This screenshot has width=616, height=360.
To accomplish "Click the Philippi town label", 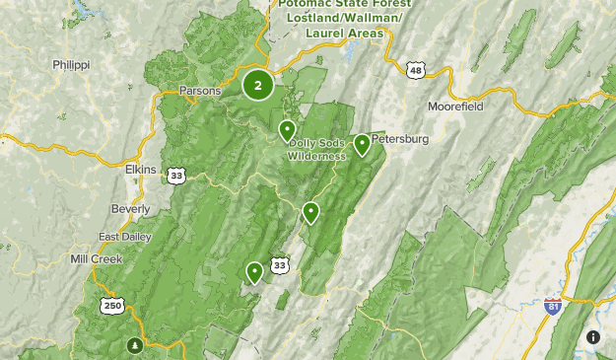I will [71, 64].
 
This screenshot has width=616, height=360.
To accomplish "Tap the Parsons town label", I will [200, 91].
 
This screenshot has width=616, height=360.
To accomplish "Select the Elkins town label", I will [140, 170].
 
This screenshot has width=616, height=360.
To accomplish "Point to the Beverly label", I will [130, 209].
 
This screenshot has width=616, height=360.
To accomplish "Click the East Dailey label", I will [125, 237].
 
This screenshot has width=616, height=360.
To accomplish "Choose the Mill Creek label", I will [96, 258].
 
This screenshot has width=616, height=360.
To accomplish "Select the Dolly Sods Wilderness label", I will [317, 149].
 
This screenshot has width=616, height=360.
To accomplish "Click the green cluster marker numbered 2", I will [258, 85].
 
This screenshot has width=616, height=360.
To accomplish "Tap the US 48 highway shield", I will [417, 69].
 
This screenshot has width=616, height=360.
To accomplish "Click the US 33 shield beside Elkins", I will [176, 176].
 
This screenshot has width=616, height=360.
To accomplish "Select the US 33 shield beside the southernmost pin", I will [281, 265].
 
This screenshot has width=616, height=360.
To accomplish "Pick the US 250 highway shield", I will [110, 306].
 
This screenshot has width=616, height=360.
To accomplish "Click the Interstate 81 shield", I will [553, 307].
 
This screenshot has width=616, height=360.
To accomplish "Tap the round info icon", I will [593, 337].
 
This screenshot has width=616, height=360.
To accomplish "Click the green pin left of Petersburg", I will [363, 144].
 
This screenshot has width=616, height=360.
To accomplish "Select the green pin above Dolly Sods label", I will [287, 129].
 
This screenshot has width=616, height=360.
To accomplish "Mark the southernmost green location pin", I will [255, 271].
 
